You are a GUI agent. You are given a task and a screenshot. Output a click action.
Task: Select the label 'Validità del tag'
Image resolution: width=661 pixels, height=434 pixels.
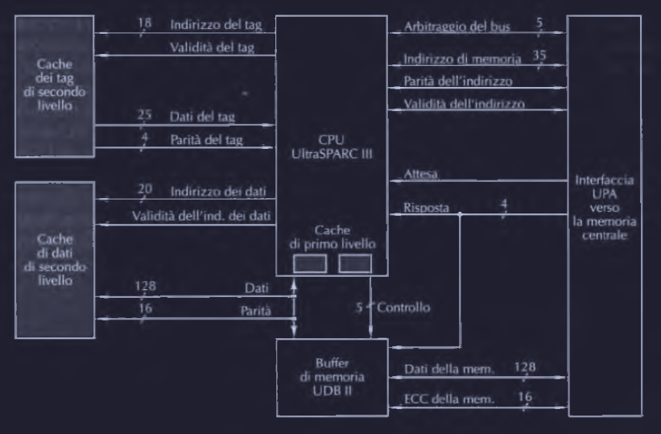(x=212, y=47)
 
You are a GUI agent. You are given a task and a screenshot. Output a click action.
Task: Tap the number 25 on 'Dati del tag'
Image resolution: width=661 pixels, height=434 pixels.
(x=145, y=114)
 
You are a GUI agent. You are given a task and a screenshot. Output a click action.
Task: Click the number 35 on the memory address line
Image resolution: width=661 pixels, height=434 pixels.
(x=539, y=55)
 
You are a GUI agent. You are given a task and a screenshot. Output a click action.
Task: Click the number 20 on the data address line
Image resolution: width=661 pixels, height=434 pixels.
(x=146, y=190)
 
